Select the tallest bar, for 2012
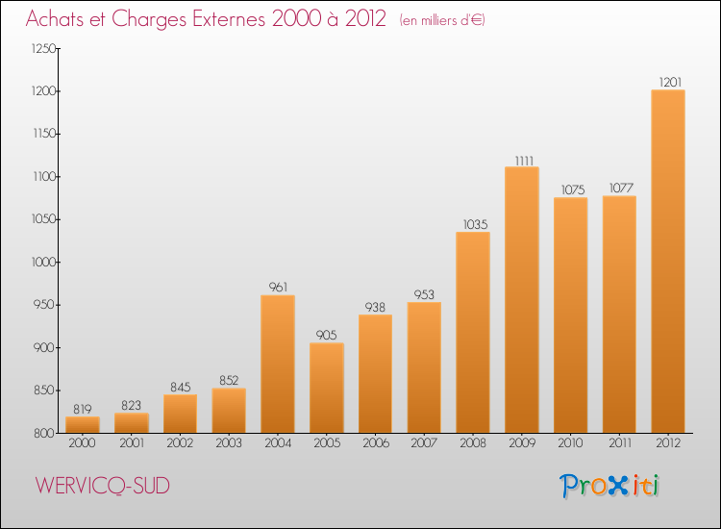667,262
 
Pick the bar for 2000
82,424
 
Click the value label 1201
667,82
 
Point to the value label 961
277,287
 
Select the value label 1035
472,224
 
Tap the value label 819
82,409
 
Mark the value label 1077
618,189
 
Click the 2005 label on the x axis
326,443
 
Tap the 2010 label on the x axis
570,443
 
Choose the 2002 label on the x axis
180,443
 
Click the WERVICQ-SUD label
103,487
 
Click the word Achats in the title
58,20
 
